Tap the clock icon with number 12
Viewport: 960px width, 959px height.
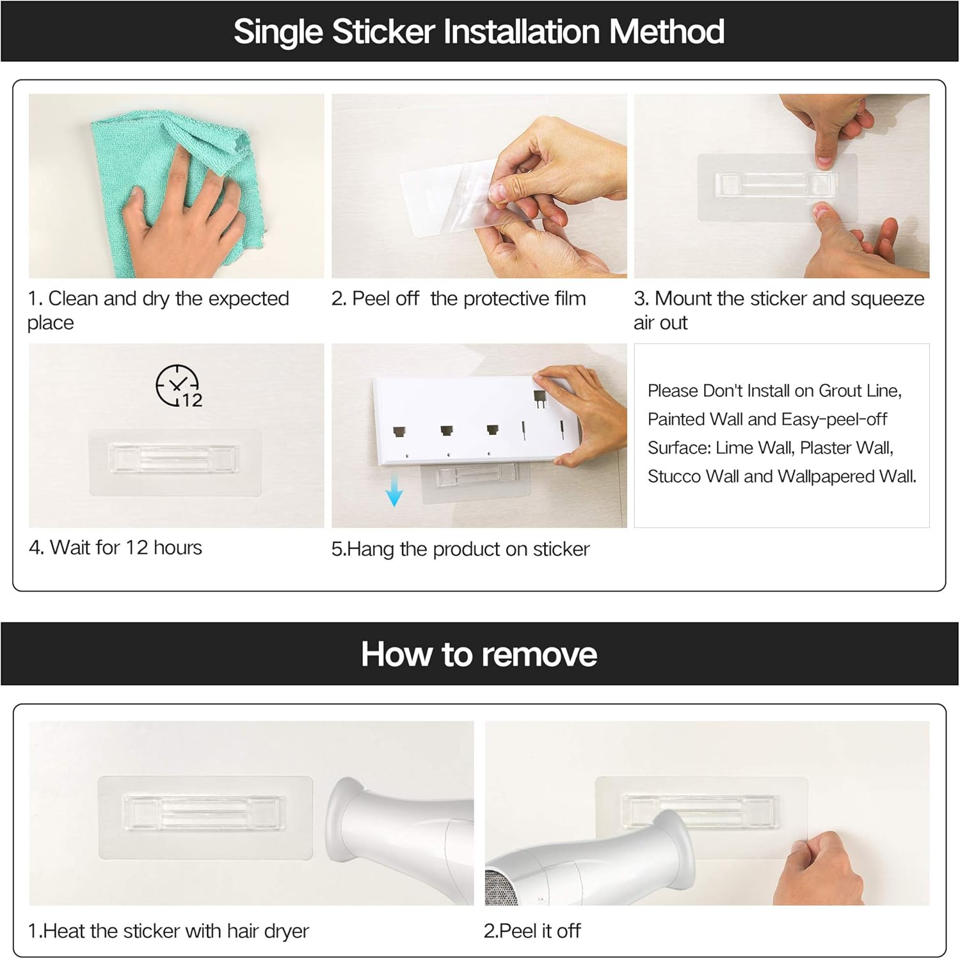(x=179, y=386)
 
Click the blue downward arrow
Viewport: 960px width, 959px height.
(x=394, y=493)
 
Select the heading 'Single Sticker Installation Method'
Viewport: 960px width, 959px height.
(x=479, y=31)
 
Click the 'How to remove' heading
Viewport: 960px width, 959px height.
(x=479, y=654)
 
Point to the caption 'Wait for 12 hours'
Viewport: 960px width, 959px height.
(x=126, y=548)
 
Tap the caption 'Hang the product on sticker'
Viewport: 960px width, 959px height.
(x=468, y=549)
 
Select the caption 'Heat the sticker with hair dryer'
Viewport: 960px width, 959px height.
(x=176, y=931)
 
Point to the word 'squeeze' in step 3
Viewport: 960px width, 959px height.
(x=888, y=299)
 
